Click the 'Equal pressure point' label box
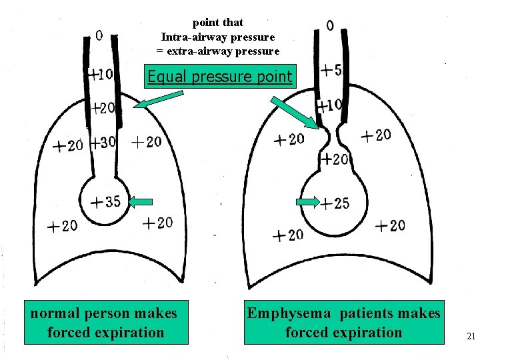pos(220,77)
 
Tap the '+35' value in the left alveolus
pos(106,201)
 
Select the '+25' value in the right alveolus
pos(335,203)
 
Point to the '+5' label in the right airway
pos(331,69)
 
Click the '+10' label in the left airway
pos(101,73)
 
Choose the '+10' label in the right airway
pos(329,105)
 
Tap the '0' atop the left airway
pos(99,35)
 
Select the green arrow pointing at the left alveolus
pos(141,201)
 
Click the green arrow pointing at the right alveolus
pos(307,201)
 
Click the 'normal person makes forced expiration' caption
pos(105,322)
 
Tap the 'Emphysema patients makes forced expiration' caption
pos(343,322)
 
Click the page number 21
pos(471,336)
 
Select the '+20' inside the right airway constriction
pos(335,159)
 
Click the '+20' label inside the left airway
pos(103,107)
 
